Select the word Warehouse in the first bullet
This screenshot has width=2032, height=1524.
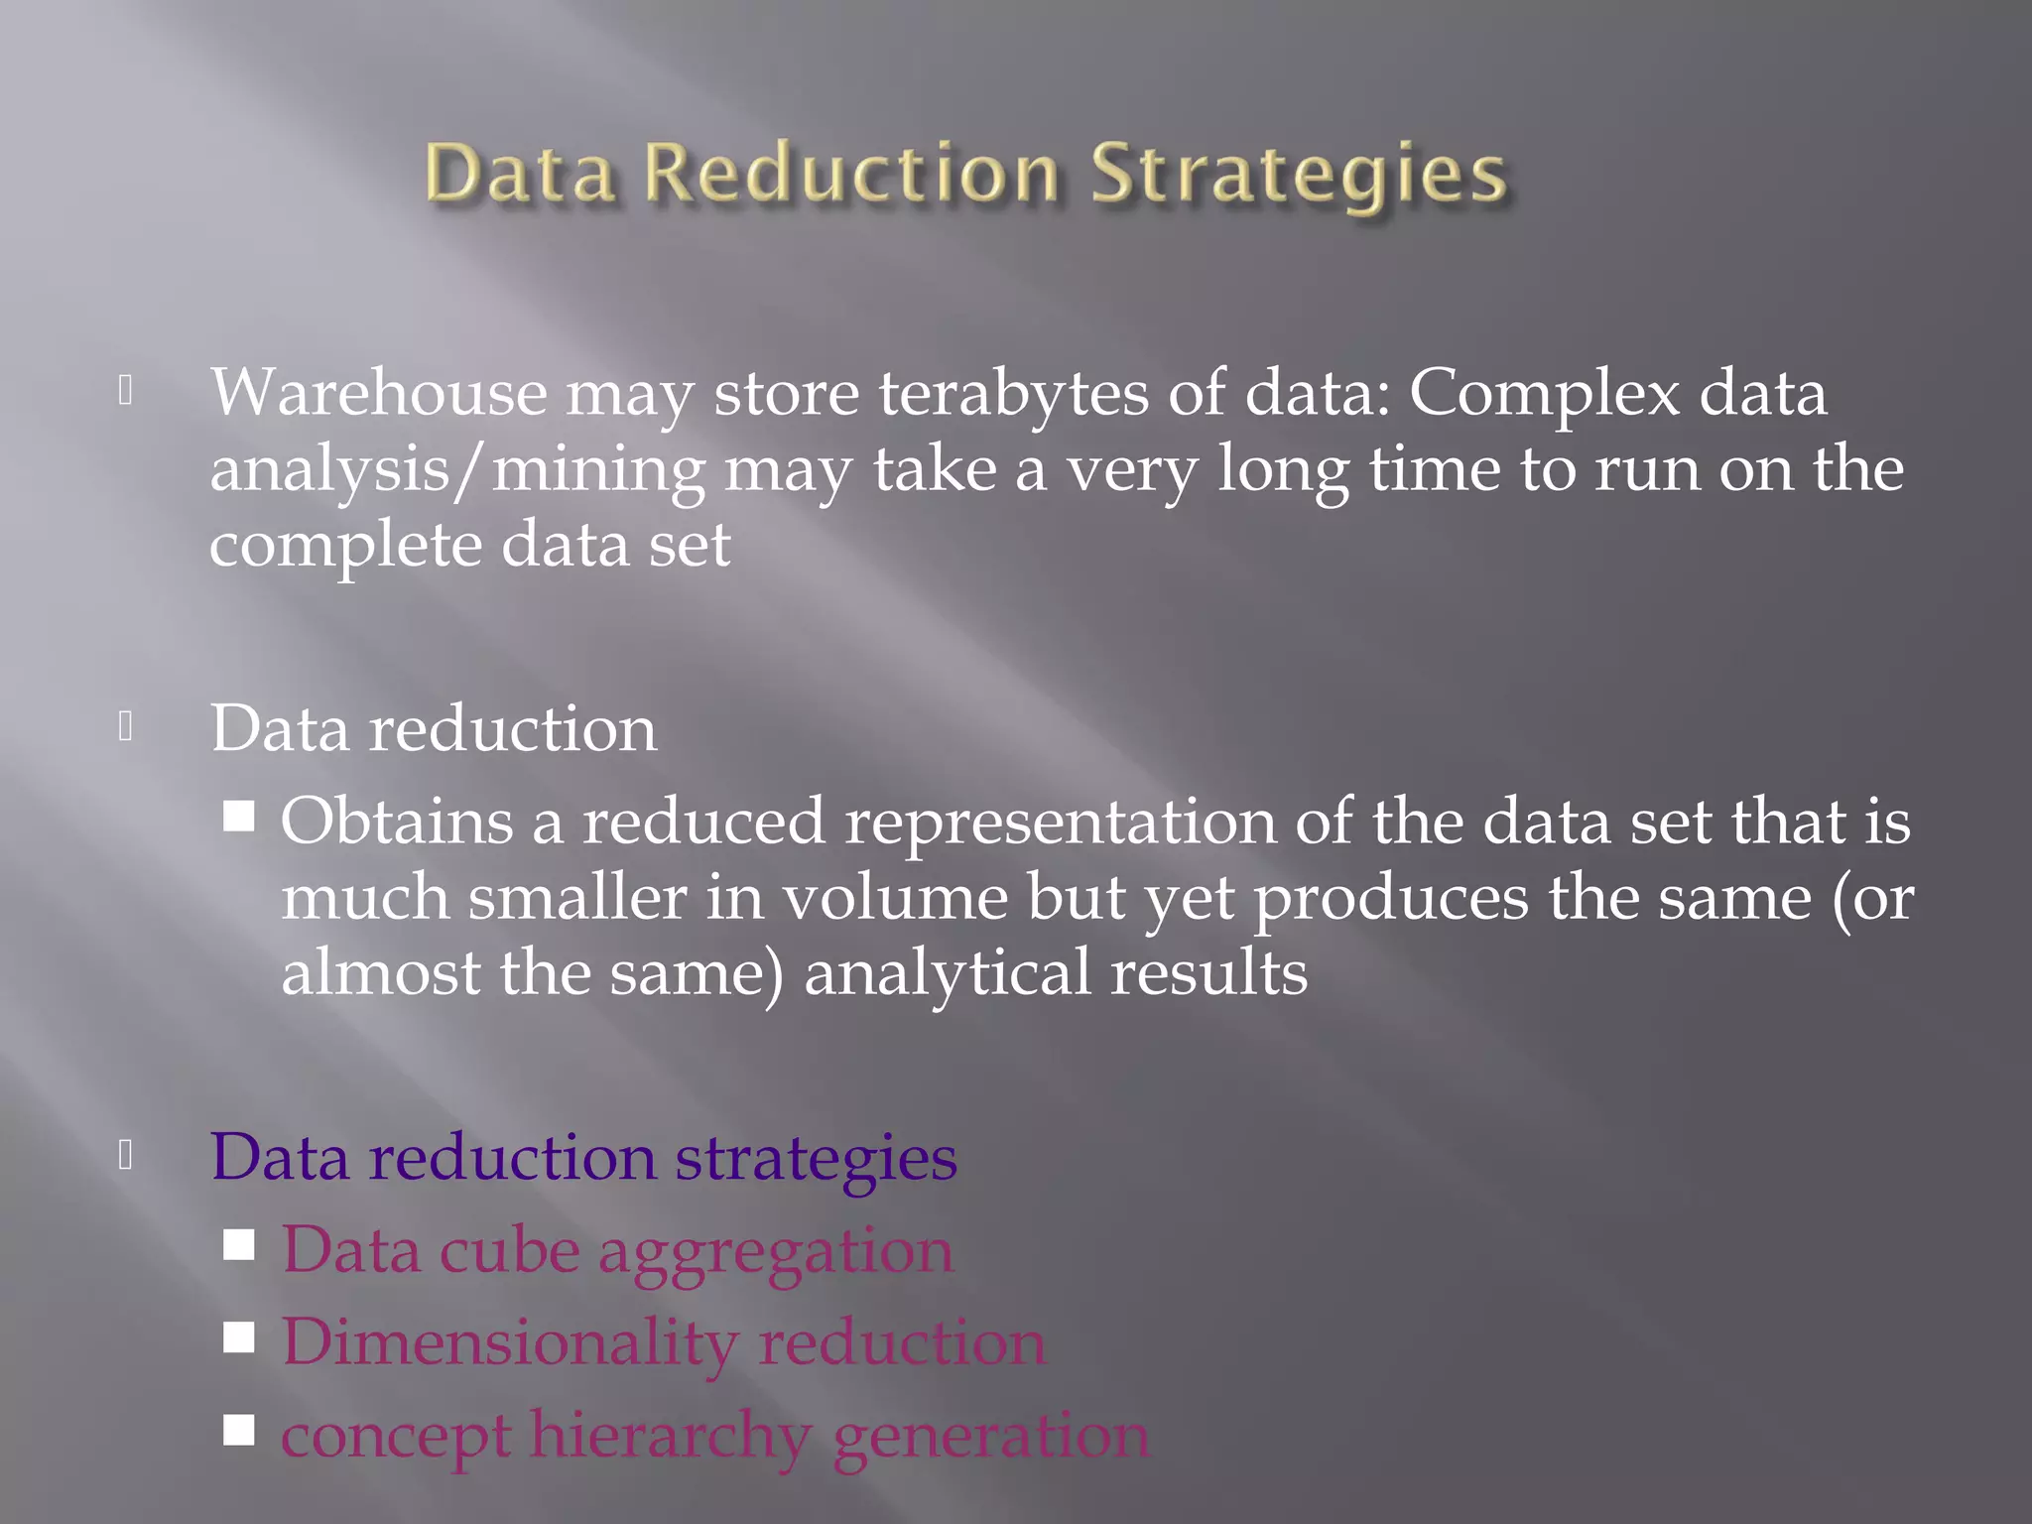pos(378,393)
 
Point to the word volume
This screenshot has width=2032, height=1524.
pos(895,898)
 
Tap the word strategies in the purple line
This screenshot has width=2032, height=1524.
pos(816,1159)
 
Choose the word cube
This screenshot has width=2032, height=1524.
pos(509,1250)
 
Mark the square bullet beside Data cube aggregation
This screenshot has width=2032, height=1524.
pos(239,1245)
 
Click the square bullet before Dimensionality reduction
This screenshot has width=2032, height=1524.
pos(239,1337)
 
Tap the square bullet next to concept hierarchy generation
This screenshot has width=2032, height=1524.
pos(239,1430)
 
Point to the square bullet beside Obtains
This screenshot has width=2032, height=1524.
pos(239,817)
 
